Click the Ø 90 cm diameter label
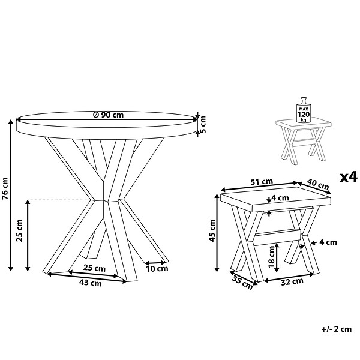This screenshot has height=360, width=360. [x=108, y=115]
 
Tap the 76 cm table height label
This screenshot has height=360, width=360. [x=5, y=189]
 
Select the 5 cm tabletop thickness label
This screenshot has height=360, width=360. [x=203, y=124]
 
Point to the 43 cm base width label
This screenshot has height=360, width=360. [x=90, y=283]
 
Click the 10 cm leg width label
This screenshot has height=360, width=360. [x=157, y=269]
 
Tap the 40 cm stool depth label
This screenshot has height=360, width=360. [x=318, y=184]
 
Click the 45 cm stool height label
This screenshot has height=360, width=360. [x=212, y=230]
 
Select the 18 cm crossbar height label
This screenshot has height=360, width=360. [x=272, y=257]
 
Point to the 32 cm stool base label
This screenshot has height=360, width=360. [x=292, y=281]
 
